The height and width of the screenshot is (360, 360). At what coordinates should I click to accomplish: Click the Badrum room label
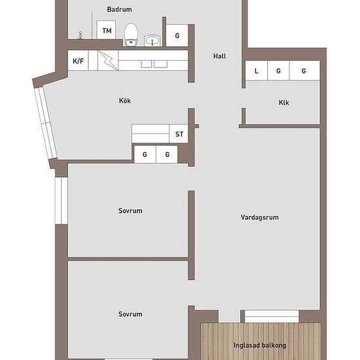tap(119, 9)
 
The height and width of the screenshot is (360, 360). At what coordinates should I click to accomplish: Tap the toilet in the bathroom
tap(131, 34)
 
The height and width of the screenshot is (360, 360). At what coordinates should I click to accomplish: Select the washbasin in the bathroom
tap(152, 41)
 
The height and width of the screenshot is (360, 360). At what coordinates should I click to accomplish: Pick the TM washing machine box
tap(106, 30)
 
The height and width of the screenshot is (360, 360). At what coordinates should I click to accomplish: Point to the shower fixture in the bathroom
tap(81, 35)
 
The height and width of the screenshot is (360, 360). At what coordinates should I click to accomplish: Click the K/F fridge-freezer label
tap(78, 61)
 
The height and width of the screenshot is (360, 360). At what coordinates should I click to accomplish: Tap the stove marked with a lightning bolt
tap(108, 60)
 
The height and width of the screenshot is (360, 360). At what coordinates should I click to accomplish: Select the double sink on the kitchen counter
tap(154, 64)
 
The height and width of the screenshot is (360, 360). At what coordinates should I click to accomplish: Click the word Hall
tap(219, 56)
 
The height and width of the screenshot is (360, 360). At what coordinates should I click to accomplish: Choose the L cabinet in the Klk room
tap(257, 71)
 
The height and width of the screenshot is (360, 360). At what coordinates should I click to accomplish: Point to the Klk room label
tap(284, 103)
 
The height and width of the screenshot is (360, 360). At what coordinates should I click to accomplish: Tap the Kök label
tap(125, 101)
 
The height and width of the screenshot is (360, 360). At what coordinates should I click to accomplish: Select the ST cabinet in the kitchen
tap(179, 134)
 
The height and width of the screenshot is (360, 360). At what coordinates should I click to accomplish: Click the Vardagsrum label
tap(260, 217)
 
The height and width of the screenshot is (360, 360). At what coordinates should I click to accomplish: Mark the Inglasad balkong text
tap(260, 345)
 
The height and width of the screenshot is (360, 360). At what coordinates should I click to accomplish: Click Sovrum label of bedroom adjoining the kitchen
tap(130, 211)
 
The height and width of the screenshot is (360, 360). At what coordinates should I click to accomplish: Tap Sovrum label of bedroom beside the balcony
tap(130, 314)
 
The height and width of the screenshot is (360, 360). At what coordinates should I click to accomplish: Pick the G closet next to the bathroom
tap(177, 35)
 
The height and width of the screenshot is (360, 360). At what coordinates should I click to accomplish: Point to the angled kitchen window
tap(46, 123)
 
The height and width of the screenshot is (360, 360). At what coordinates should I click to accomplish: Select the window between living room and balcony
tap(272, 316)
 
